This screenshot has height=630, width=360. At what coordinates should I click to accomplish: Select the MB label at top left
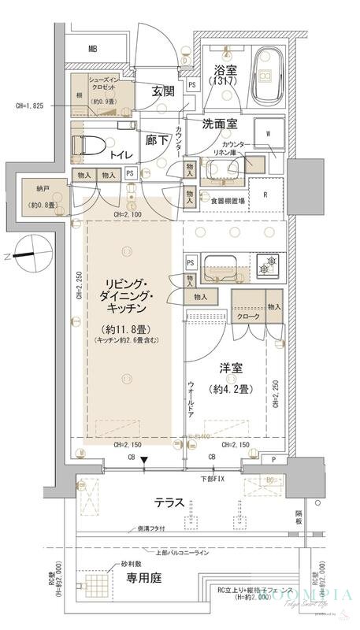pos(93,50)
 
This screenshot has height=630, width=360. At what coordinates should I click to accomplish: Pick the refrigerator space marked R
pos(265,194)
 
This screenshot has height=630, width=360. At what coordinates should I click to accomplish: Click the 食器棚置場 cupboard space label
pos(226,201)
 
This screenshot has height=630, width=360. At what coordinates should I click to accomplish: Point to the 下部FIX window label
pos(210,478)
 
